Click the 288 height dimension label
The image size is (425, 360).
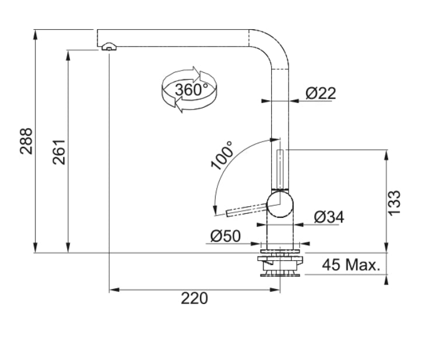26,141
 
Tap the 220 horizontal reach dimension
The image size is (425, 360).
194,298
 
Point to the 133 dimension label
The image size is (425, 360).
395,202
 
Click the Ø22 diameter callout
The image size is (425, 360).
321,93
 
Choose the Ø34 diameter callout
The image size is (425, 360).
329,217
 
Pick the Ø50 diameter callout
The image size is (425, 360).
226,236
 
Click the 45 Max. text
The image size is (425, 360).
351,266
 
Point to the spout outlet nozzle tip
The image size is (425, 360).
108,48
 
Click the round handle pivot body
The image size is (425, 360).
281,203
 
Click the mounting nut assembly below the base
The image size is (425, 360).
280,264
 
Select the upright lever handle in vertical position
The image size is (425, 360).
280,169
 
